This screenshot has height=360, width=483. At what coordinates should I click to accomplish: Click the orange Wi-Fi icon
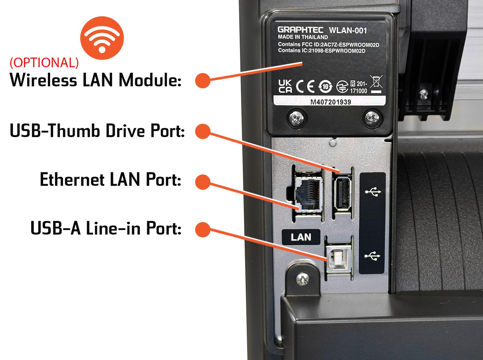pyautogui.click(x=102, y=38)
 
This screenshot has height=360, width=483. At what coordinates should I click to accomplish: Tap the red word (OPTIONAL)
pyautogui.click(x=44, y=63)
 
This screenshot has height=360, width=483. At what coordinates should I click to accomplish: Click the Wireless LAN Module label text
pyautogui.click(x=96, y=80)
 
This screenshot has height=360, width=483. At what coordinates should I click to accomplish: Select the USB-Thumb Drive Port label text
pyautogui.click(x=97, y=131)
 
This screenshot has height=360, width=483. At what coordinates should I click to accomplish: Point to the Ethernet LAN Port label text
pyautogui.click(x=110, y=180)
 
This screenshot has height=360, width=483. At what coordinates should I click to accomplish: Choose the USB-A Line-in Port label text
pyautogui.click(x=106, y=228)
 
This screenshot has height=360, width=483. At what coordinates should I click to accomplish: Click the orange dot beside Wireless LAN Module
pyautogui.click(x=203, y=80)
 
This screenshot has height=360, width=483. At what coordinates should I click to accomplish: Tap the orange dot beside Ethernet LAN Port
pyautogui.click(x=203, y=182)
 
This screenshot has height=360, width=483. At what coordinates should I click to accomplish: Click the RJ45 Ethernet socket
pyautogui.click(x=308, y=195)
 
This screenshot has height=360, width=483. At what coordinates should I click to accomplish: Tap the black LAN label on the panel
pyautogui.click(x=301, y=237)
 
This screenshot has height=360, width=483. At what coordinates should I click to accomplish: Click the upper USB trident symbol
pyautogui.click(x=373, y=192)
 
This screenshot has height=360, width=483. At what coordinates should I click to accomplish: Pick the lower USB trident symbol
pyautogui.click(x=372, y=256)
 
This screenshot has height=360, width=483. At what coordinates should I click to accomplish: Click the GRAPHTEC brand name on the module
pyautogui.click(x=300, y=30)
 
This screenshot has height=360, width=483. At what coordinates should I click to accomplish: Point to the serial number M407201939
pyautogui.click(x=330, y=102)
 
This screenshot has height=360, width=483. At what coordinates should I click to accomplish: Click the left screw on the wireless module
pyautogui.click(x=296, y=118)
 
